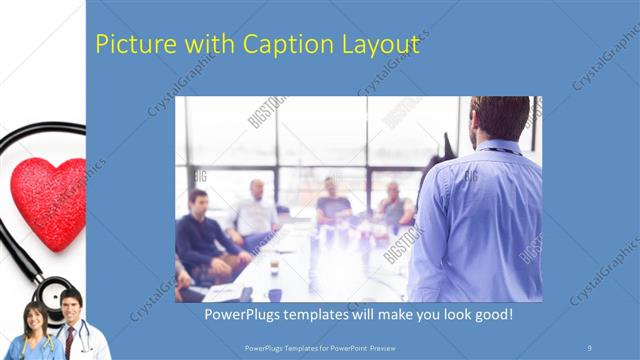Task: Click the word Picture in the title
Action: (x=130, y=44)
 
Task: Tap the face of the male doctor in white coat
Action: (x=69, y=304)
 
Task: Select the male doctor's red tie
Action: (x=70, y=340)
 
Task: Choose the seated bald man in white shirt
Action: (x=256, y=210)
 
